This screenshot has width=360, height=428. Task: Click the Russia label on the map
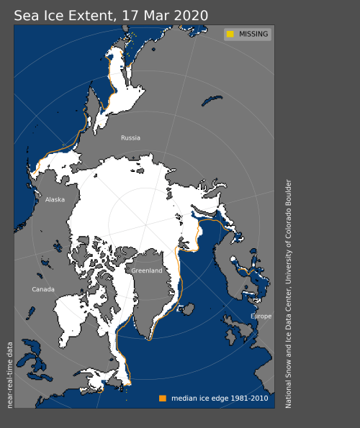click(130, 137)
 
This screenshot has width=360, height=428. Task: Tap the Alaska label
click(55, 201)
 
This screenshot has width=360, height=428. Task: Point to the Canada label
click(43, 289)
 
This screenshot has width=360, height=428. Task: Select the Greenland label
click(146, 270)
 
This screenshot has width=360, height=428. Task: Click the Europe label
click(261, 317)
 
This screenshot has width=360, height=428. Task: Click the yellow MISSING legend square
click(230, 34)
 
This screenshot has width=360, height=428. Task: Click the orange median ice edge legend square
click(162, 398)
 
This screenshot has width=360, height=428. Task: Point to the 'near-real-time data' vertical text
click(9, 374)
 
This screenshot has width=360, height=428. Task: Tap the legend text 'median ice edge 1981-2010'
click(219, 398)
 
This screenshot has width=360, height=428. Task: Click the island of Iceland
click(189, 309)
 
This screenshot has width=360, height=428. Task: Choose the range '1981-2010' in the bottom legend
click(250, 398)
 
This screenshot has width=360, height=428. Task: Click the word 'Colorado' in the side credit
click(289, 229)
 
